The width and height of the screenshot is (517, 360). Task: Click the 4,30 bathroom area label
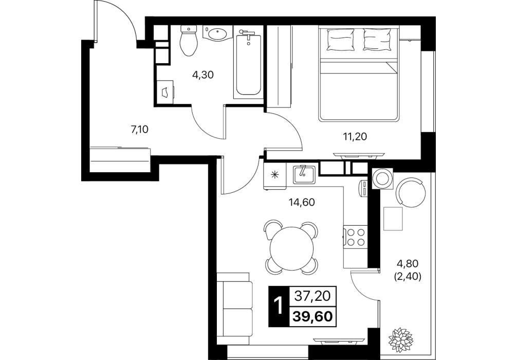tap(203, 75)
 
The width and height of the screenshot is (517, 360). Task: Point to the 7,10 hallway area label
tap(140, 130)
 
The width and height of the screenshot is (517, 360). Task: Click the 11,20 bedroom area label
tap(355, 136)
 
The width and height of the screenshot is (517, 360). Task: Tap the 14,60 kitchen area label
tap(302, 202)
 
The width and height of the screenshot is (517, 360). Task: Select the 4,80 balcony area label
tap(408, 264)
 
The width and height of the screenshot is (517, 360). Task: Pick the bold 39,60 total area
tap(312, 317)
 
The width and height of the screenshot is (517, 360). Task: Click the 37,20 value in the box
tap(312, 296)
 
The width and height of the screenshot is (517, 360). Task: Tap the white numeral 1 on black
tap(279, 307)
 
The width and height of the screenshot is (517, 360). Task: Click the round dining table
tap(292, 248)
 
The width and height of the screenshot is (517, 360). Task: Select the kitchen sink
tap(304, 174)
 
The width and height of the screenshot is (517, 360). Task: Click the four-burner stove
tap(356, 237)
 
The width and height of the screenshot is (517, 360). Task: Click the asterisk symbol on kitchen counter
tap(274, 175)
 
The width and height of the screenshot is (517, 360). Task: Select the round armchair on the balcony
tap(411, 192)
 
